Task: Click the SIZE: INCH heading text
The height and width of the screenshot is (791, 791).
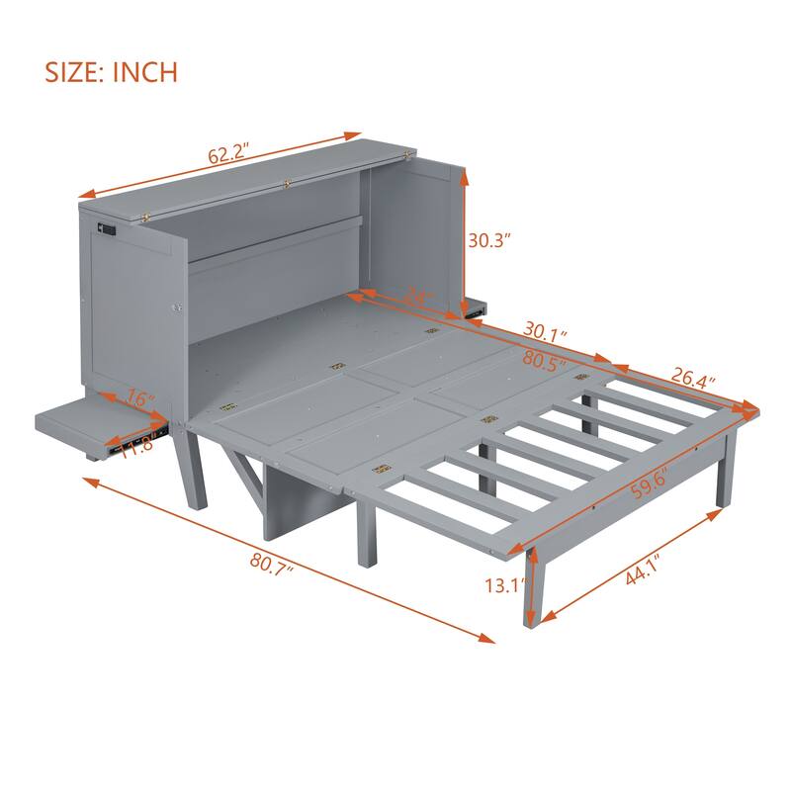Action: point(111,72)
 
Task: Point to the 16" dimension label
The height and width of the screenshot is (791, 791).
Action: point(140,400)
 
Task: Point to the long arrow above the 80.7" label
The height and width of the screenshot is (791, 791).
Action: point(287,558)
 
